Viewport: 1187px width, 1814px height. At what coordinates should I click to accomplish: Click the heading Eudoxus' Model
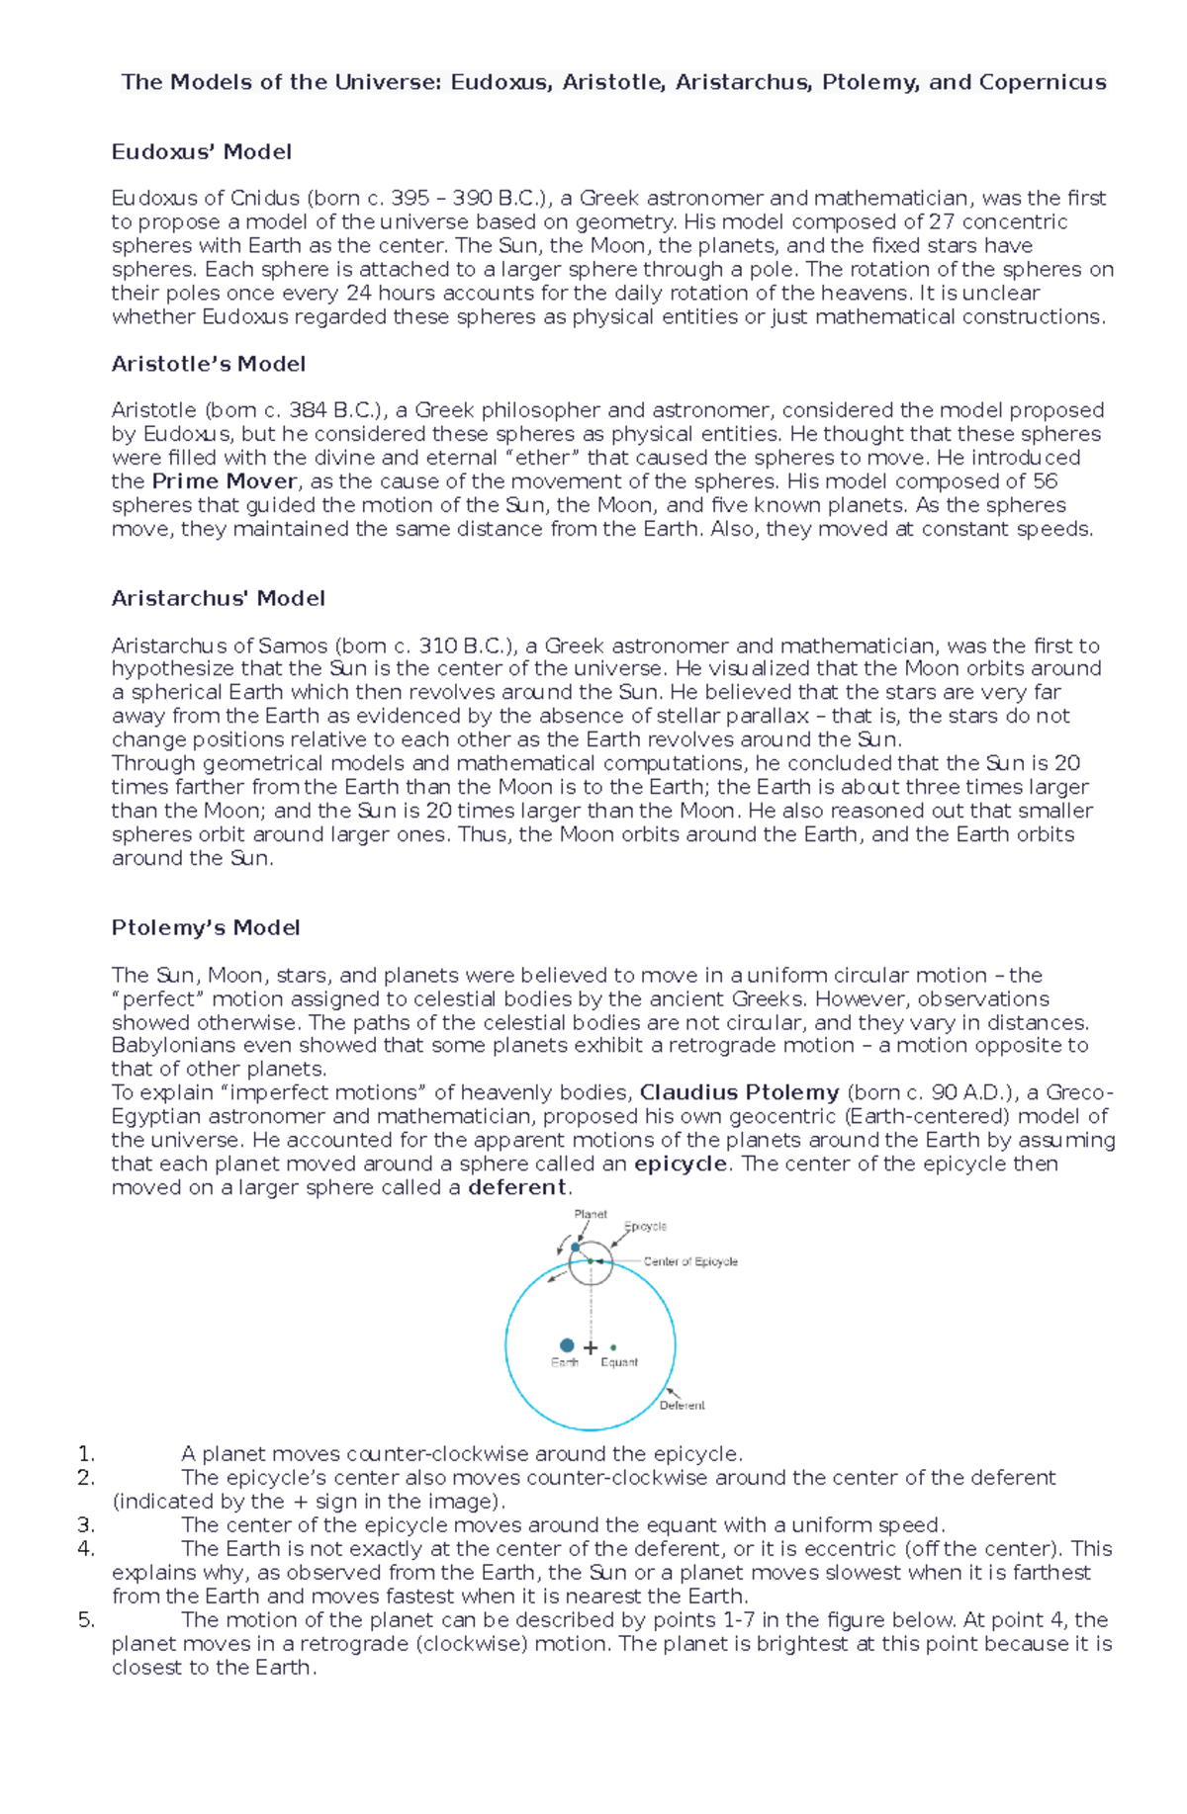point(201,152)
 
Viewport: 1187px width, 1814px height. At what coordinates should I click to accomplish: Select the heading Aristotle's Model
point(208,364)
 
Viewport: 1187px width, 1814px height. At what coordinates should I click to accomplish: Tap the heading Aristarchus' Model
point(218,598)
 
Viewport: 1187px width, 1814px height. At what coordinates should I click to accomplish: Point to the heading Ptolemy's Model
point(206,927)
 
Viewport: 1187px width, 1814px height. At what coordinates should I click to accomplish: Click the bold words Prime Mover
point(225,481)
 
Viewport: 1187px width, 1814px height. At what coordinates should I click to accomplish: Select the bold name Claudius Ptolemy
point(739,1092)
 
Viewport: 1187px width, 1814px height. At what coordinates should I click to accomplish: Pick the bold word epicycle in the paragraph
point(681,1164)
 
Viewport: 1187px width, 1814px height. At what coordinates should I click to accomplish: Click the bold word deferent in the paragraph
point(516,1187)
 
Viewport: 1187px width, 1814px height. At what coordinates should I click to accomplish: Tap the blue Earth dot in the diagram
point(567,1345)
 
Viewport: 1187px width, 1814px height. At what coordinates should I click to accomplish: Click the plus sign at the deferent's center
point(591,1347)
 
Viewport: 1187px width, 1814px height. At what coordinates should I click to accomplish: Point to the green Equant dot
point(613,1347)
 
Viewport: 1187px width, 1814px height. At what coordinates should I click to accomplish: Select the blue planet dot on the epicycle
point(576,1248)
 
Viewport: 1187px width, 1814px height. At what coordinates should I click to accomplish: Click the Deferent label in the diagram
point(682,1405)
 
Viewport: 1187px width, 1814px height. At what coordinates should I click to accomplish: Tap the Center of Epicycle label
point(690,1261)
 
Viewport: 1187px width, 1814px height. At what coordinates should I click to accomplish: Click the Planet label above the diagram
point(591,1214)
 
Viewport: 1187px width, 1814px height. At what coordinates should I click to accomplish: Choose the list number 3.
point(85,1525)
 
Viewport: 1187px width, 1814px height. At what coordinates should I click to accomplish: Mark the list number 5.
point(85,1620)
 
